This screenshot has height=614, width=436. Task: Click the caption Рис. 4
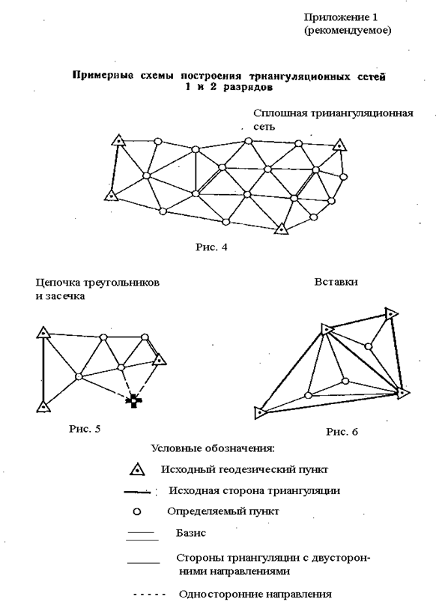211,247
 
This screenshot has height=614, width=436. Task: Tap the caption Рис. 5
85,429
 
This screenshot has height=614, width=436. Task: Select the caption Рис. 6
342,432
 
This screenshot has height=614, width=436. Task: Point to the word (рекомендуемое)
348,31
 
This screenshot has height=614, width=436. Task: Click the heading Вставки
336,282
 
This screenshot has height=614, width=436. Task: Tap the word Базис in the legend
191,533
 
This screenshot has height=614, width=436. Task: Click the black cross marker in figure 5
134,401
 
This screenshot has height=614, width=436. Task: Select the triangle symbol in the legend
137,469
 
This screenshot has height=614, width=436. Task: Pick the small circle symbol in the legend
136,512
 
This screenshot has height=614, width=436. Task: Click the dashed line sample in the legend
149,595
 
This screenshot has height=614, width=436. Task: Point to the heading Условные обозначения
213,448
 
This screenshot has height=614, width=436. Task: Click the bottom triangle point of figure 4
281,229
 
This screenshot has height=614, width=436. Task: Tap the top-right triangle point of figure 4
339,145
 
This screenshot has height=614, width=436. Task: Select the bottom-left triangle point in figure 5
43,407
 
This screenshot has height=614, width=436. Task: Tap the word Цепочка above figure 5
57,283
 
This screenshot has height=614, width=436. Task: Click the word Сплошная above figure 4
280,113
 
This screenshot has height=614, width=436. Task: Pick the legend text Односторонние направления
255,595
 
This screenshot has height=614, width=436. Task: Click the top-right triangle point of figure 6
390,313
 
